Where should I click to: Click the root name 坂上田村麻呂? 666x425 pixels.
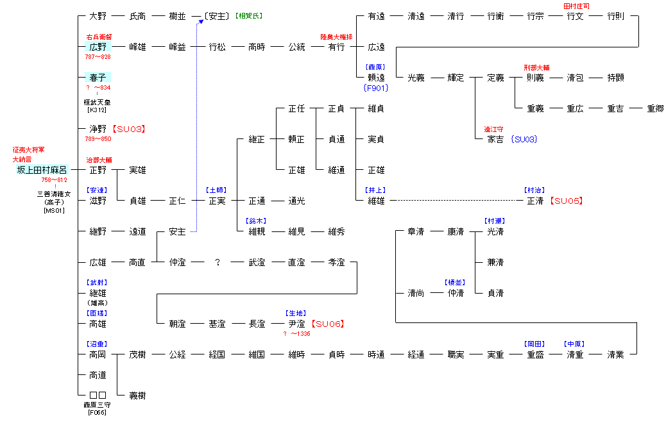(x=42, y=170)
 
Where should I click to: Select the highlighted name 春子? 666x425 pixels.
(x=98, y=78)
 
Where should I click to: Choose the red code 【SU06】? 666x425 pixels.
(x=327, y=324)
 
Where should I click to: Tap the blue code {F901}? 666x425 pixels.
(x=375, y=88)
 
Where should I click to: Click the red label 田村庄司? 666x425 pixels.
(x=576, y=6)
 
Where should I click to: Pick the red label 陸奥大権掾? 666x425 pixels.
(x=336, y=37)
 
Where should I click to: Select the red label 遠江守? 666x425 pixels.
(x=494, y=129)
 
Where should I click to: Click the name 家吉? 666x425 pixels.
(x=495, y=139)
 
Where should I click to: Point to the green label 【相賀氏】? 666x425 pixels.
(x=248, y=15)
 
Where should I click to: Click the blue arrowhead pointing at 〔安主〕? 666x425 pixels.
(x=200, y=22)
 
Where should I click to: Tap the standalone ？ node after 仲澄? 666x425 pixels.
(x=218, y=262)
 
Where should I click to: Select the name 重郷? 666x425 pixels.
(x=655, y=108)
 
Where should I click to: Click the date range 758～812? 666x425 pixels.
(x=55, y=180)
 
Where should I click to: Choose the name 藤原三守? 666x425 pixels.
(x=98, y=404)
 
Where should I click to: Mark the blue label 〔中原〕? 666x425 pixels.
(x=575, y=344)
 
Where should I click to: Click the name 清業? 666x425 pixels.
(x=615, y=354)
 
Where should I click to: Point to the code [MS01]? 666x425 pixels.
(x=55, y=211)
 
